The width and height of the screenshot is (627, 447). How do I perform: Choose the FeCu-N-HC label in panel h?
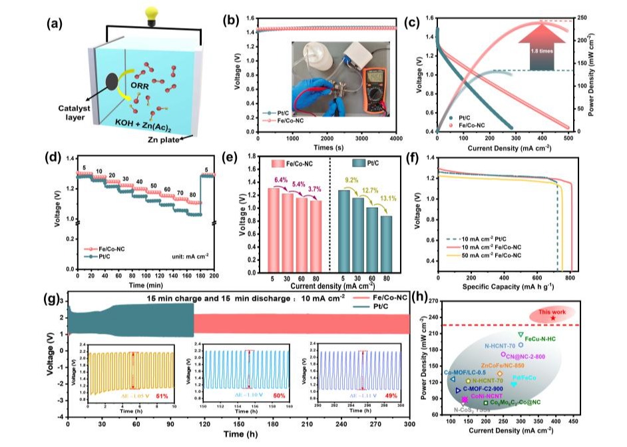pos(540,340)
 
